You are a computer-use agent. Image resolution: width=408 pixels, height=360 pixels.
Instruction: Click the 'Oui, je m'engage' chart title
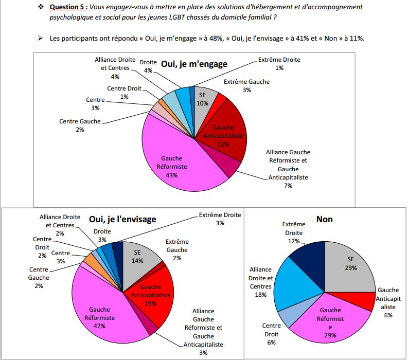point(194,64)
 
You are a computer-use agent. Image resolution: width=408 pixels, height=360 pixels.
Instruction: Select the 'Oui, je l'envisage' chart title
point(122,219)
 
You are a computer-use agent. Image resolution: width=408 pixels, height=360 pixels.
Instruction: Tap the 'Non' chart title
point(324,219)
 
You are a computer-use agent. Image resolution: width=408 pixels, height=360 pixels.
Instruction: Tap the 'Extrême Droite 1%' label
point(279,64)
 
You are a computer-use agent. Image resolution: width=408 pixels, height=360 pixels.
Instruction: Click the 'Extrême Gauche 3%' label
point(247,86)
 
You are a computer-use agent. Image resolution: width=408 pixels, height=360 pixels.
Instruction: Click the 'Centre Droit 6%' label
point(271,334)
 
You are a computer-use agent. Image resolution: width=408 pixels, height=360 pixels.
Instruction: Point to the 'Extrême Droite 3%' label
point(220,219)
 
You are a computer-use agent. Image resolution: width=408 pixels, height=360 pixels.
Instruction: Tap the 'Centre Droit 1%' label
point(124,93)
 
